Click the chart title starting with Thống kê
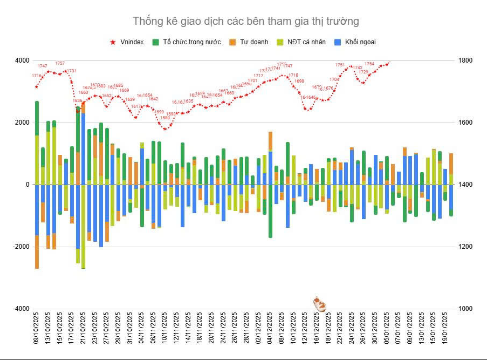point(245,21)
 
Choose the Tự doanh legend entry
point(249,42)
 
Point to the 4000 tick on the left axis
point(22,60)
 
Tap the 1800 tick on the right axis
point(465,60)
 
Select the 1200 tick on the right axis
point(465,247)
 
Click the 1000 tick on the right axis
point(465,309)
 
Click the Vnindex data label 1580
point(165,118)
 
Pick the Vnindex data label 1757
point(60,63)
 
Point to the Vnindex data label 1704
point(334,79)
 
